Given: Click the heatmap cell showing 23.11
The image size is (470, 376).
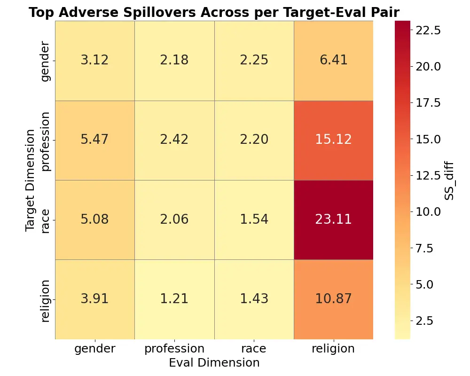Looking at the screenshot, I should pos(334,219).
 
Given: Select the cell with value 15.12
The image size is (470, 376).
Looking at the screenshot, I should pos(334,140).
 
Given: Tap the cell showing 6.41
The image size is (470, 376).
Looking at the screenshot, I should pos(334,61).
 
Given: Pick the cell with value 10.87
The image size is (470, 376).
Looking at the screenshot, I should pos(334,299).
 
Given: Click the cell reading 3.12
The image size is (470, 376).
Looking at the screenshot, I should pos(94,61).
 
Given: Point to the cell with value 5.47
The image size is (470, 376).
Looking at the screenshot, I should pos(94,140).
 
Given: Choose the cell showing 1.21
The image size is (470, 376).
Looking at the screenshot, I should pos(174,299).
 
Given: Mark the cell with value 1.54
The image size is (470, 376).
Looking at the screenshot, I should pos(254,219).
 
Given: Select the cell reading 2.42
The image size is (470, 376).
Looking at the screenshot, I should pos(174,140).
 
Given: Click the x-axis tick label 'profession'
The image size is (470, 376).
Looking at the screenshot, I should pos(174,349).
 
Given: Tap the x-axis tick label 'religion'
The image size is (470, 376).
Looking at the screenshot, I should pos(334,349).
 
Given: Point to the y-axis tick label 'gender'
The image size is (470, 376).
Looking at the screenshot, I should pos(45,61).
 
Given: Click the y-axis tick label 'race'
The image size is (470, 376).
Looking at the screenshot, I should pos(45,220).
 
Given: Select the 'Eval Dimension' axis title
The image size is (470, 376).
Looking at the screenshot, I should pos(214,363).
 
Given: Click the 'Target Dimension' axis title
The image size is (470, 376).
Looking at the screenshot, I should pos(31,180).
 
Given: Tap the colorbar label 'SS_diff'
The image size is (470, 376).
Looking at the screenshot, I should pos(449,180).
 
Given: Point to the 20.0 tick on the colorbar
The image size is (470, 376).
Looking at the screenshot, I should pos(428,66).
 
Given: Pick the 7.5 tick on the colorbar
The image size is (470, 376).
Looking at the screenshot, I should pos(425,248).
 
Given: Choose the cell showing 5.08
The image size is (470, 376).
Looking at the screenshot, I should pos(94,219).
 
